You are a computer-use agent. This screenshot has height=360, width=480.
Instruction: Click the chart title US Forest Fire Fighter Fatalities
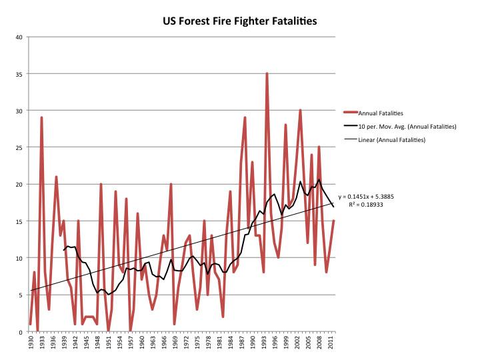(240, 21)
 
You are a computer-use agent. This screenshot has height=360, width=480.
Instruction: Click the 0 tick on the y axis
(21, 331)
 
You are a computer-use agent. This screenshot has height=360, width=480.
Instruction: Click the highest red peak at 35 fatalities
(267, 74)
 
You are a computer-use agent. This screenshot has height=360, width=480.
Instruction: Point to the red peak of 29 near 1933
(41, 118)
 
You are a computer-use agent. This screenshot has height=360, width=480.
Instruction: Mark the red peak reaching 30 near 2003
(301, 111)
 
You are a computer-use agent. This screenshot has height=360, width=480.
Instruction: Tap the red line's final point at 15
(333, 221)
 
